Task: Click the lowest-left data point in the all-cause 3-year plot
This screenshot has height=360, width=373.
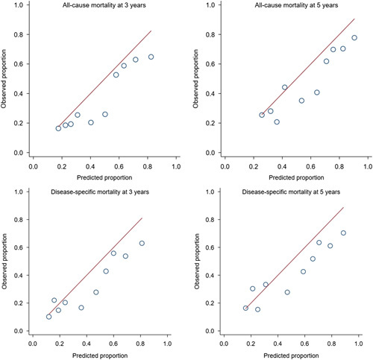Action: (58, 128)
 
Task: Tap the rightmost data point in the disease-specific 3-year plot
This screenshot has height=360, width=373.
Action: (142, 243)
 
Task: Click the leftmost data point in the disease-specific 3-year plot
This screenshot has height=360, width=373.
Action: (48, 317)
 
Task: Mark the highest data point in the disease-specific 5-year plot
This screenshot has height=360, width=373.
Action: (344, 233)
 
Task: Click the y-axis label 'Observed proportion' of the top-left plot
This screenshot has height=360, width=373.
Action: (7, 82)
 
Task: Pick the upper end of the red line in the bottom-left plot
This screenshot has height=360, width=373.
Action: (142, 218)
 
